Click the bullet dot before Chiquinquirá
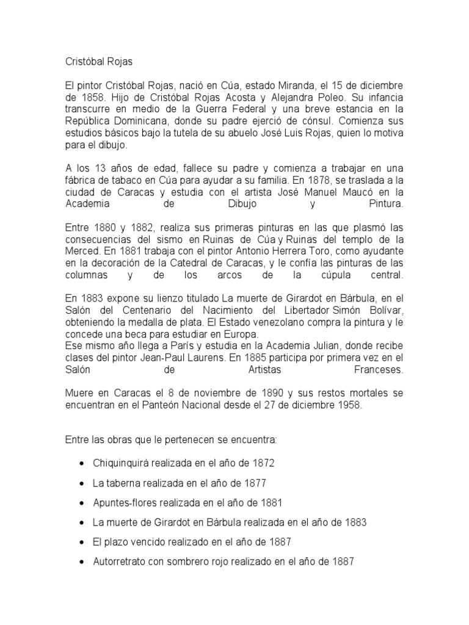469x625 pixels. tap(82, 463)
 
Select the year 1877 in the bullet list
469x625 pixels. tap(254, 483)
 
